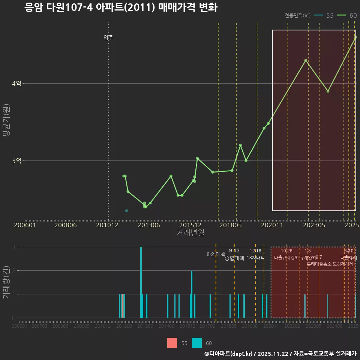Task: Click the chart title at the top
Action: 121,7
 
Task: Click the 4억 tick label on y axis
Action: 16,84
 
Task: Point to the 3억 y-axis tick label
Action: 16,160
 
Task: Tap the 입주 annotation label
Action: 108,37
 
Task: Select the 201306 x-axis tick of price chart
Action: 149,225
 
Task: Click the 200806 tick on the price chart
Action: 66,225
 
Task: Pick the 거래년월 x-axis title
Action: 190,232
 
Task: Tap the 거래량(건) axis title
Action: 7,282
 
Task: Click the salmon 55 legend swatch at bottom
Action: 172,343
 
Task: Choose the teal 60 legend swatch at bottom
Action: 197,343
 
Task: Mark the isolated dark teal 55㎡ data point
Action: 126,211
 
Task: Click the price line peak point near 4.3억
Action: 306,60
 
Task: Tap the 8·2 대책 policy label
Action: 216,254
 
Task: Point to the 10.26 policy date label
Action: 286,251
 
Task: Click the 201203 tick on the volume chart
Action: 124,326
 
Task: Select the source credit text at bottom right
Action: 280,353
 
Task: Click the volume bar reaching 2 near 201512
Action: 192,294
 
